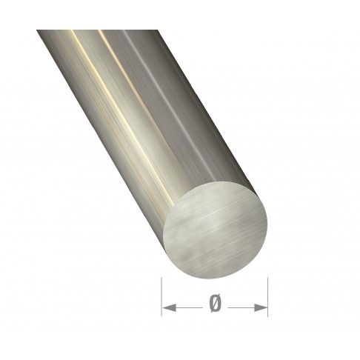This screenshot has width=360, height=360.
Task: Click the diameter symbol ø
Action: (x=215, y=304)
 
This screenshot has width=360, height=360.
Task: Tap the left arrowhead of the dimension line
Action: (x=166, y=304)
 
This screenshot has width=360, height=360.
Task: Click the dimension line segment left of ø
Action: (x=185, y=304)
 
